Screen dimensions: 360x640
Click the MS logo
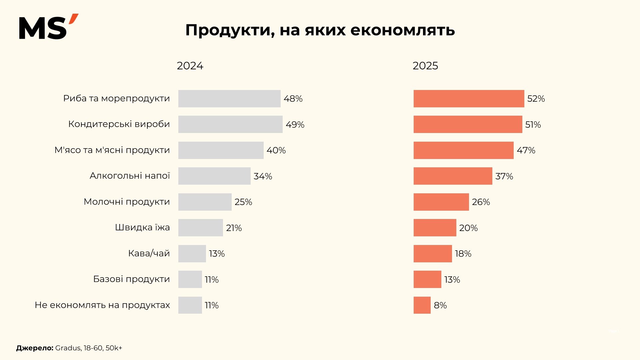tap(48, 27)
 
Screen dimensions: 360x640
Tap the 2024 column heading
tap(190, 66)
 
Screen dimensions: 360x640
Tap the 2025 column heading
tap(425, 66)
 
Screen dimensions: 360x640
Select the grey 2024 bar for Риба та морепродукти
tap(229, 99)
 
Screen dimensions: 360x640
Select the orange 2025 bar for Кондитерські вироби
tap(468, 124)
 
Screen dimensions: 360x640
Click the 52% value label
tap(536, 99)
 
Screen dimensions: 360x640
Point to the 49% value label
tap(295, 125)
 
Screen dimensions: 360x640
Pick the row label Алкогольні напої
tap(130, 176)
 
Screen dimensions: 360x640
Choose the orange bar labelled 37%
tap(453, 176)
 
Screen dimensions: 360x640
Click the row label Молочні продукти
tap(127, 202)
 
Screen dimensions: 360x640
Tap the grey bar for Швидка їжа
tap(200, 228)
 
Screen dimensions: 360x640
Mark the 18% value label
tap(463, 254)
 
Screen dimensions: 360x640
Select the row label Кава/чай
tap(149, 253)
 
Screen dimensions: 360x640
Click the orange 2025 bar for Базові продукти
tap(427, 279)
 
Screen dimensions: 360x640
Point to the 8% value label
tap(440, 305)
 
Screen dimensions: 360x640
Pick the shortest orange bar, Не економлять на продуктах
tap(422, 305)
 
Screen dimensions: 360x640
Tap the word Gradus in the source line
tap(68, 348)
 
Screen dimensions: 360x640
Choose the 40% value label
tap(276, 150)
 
